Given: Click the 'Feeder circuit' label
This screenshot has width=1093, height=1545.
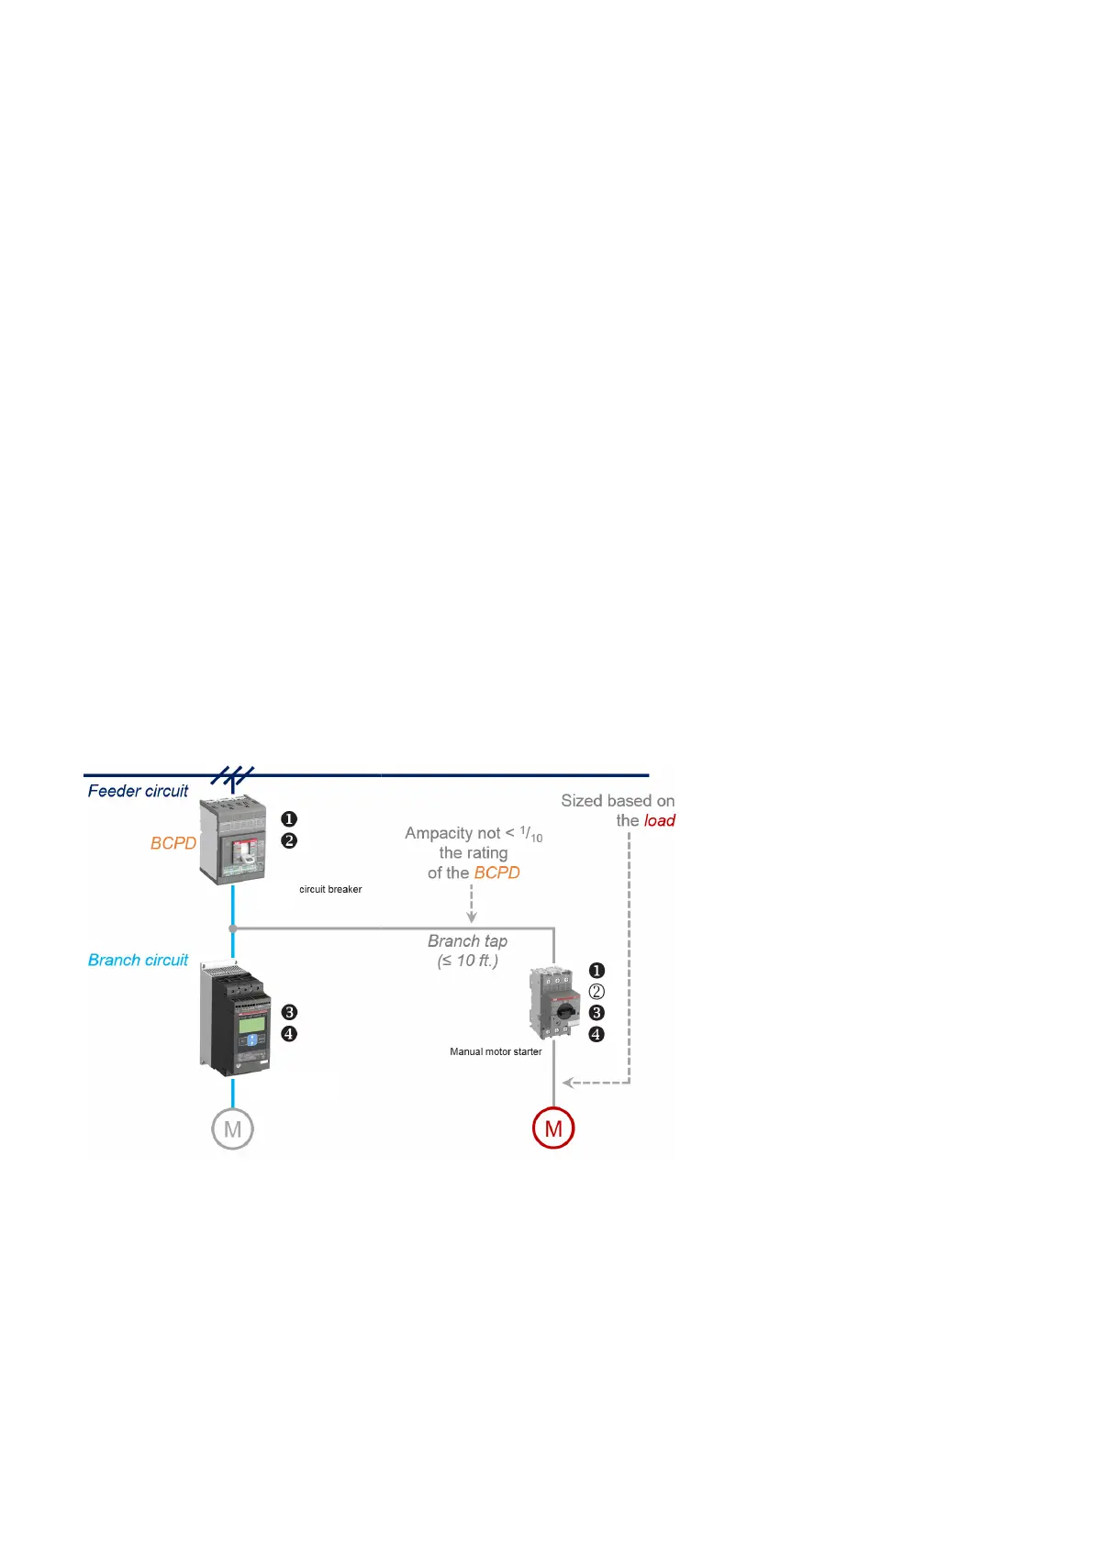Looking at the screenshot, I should pyautogui.click(x=138, y=791).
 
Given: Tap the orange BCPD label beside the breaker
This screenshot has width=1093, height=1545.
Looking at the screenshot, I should pyautogui.click(x=173, y=843).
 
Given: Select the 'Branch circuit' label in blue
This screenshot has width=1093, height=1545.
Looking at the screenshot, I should pyautogui.click(x=138, y=960).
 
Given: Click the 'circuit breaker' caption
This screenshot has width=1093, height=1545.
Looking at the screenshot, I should pyautogui.click(x=330, y=889).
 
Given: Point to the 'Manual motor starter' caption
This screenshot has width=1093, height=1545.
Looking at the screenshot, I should pyautogui.click(x=496, y=1051).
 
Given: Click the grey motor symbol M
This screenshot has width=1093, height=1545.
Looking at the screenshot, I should pyautogui.click(x=232, y=1129).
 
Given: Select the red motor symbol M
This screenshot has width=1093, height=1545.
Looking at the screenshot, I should pyautogui.click(x=553, y=1128).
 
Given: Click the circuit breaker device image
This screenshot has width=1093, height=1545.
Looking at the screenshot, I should pyautogui.click(x=233, y=841).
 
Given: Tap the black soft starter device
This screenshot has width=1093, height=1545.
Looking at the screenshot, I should pyautogui.click(x=235, y=1018).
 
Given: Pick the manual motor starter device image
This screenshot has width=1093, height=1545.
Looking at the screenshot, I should pyautogui.click(x=554, y=1003).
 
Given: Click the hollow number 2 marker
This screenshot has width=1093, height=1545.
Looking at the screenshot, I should pyautogui.click(x=597, y=992).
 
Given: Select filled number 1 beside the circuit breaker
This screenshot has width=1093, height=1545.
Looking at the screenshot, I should pyautogui.click(x=289, y=819).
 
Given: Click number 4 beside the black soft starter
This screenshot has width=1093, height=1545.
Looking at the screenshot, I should pyautogui.click(x=289, y=1034).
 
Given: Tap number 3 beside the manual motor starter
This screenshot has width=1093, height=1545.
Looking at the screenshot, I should pyautogui.click(x=597, y=1013).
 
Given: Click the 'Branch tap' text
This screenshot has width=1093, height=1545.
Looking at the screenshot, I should pyautogui.click(x=467, y=941).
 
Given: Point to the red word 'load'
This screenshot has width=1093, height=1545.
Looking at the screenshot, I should pyautogui.click(x=659, y=821).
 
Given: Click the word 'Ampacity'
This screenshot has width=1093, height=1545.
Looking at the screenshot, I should pyautogui.click(x=439, y=833).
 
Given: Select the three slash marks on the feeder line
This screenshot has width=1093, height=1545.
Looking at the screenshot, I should pyautogui.click(x=232, y=776).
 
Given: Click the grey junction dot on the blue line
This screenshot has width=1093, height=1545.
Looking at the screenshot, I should pyautogui.click(x=233, y=928).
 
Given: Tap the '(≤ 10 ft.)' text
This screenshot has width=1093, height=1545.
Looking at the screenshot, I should pyautogui.click(x=467, y=961).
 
